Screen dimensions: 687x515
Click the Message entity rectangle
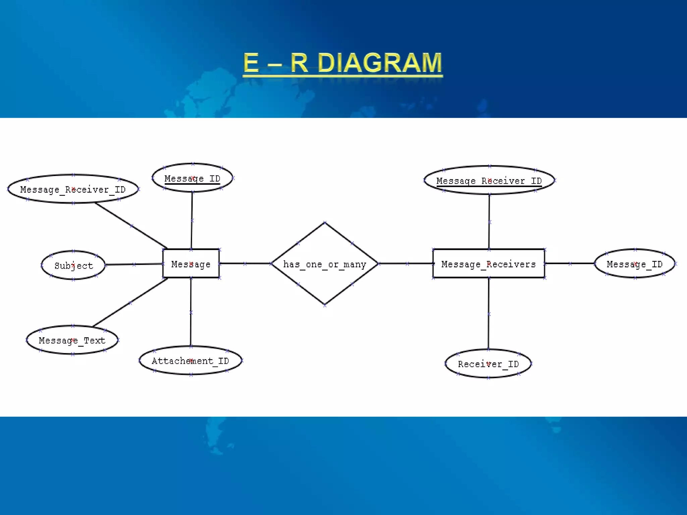click(191, 264)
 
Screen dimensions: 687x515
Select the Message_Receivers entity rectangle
click(488, 264)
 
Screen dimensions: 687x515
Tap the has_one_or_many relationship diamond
click(324, 264)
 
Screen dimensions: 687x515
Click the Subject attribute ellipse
click(73, 265)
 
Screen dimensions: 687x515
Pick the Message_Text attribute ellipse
click(72, 340)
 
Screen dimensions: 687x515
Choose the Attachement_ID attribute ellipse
click(191, 360)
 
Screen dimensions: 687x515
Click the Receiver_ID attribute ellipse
click(488, 363)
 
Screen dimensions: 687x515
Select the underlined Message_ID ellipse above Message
click(192, 178)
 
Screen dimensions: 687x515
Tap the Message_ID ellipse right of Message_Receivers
click(634, 264)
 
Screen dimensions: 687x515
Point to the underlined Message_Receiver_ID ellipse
click(489, 180)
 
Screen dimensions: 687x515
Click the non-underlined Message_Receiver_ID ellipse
click(73, 189)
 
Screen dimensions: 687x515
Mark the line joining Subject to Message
click(134, 265)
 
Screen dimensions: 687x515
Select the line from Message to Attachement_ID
click(191, 312)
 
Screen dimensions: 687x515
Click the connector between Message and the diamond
click(245, 264)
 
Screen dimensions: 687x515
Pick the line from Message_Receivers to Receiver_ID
click(488, 314)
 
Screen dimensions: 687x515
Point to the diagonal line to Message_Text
click(130, 302)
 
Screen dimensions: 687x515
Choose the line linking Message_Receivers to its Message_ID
click(570, 264)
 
